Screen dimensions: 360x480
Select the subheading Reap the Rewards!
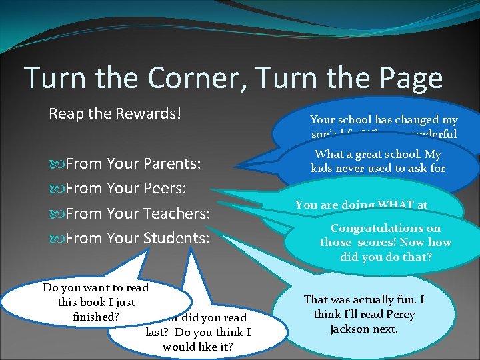tap(115, 113)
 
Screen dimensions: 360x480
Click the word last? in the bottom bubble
tap(159, 333)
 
